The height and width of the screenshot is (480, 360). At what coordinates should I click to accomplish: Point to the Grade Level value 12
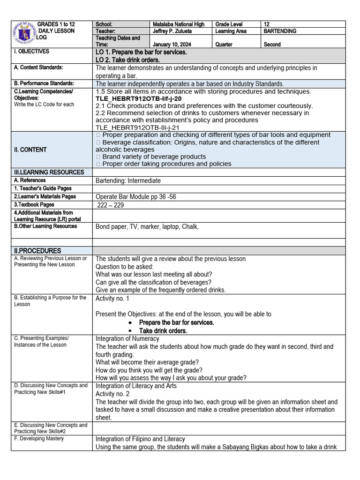[267, 24]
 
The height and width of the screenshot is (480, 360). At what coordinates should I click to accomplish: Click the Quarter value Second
[272, 45]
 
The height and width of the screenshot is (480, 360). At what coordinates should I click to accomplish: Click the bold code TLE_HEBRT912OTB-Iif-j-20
[138, 99]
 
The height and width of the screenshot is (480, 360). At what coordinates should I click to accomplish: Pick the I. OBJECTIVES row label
[31, 52]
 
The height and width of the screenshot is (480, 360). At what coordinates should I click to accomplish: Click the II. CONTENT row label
[30, 150]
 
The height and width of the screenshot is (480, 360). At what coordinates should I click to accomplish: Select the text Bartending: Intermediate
[128, 180]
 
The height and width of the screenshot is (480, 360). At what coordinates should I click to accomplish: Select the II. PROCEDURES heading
[37, 251]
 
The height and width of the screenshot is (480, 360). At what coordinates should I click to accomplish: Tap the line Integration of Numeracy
[127, 338]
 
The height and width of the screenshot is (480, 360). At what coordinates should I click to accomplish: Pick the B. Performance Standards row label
[44, 83]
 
